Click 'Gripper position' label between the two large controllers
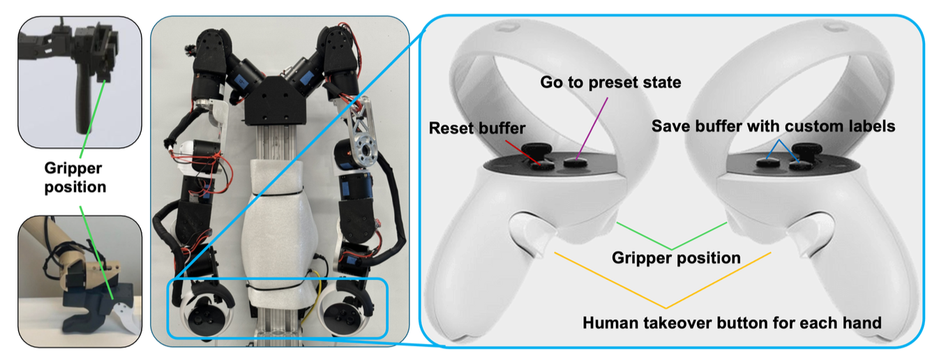675,257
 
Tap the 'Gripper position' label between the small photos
75,177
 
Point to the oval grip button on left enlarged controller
530,230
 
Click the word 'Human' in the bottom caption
607,323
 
